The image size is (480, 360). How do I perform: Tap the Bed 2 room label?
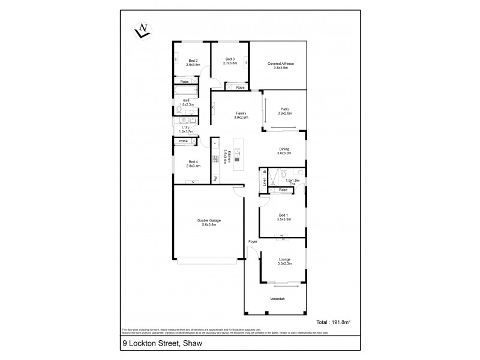[x=193, y=61]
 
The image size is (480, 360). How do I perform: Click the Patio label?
[x=284, y=110]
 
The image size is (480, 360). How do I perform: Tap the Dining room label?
[x=284, y=151]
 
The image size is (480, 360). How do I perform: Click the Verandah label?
[x=277, y=299]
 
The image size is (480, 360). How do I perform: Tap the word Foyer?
[x=253, y=242]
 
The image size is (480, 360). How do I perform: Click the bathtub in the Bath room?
[x=184, y=92]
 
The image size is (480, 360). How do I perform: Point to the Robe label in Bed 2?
[x=185, y=81]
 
